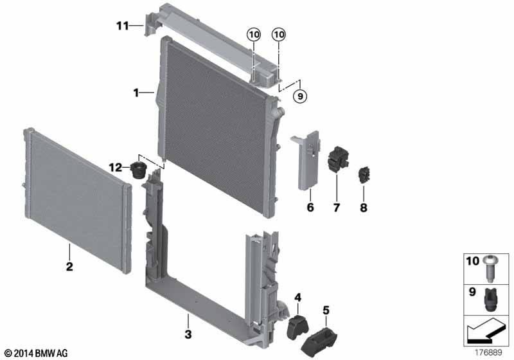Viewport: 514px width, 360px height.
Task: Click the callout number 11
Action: pyautogui.click(x=123, y=26)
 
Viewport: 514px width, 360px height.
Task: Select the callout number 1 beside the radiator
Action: pyautogui.click(x=136, y=93)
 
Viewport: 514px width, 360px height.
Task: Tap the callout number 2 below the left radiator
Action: pyautogui.click(x=69, y=265)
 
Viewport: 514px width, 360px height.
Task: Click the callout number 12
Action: pyautogui.click(x=115, y=167)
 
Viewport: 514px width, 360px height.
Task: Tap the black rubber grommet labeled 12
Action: pyautogui.click(x=138, y=171)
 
